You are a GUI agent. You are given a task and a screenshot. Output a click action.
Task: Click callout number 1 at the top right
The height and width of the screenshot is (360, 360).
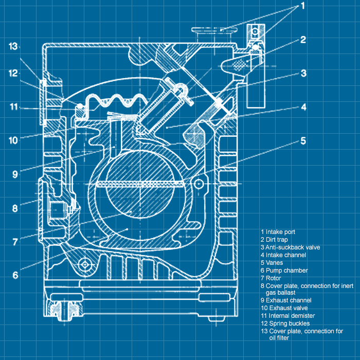[x=303, y=6]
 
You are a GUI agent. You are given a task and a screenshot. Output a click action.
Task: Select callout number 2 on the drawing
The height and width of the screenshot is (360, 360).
[x=303, y=40]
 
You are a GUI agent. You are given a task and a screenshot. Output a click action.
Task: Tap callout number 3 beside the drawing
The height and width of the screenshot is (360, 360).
[x=304, y=74]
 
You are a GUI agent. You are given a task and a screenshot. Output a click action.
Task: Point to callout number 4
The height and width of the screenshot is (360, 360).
[x=304, y=107]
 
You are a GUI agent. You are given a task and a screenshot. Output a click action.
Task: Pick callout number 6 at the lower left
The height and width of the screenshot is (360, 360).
[x=15, y=275]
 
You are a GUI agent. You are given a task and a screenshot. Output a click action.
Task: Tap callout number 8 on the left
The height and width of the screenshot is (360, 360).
[x=15, y=208]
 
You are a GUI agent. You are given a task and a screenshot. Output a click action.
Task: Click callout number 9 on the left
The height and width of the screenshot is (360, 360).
[x=15, y=174]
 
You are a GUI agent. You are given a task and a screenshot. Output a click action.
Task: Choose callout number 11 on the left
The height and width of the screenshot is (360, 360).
[x=13, y=107]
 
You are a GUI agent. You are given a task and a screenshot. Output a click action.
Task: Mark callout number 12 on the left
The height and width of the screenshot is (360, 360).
[x=13, y=73]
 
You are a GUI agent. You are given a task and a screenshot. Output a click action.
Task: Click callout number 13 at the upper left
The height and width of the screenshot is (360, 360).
[x=13, y=46]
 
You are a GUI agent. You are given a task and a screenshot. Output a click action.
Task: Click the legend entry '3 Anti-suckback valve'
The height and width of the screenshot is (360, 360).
[x=290, y=247]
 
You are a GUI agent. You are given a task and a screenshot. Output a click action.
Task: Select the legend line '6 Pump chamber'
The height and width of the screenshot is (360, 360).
[x=284, y=271]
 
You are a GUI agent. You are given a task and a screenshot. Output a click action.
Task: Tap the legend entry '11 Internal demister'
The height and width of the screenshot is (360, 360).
[x=287, y=316]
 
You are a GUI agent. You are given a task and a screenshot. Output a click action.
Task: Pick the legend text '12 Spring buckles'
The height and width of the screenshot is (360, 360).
[x=285, y=323]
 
